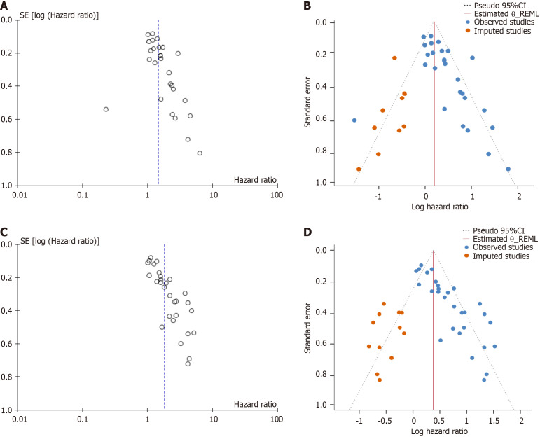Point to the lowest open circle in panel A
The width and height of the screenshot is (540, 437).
pos(200,153)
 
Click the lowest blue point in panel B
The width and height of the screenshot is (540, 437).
pos(508,169)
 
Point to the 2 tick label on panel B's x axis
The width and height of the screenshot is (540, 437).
pos(519,197)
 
